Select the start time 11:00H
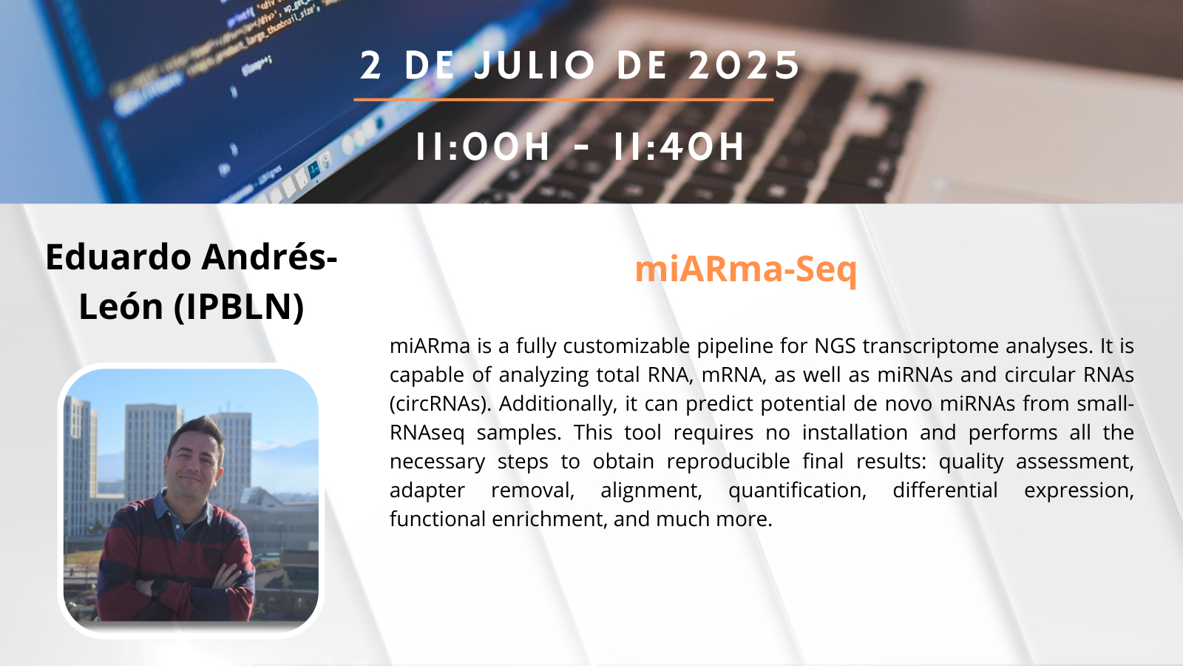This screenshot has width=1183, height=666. click(483, 147)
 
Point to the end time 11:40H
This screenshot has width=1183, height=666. click(679, 147)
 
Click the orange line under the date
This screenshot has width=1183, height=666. click(563, 99)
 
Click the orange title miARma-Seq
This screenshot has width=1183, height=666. click(746, 269)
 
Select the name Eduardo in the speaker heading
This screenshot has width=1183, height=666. click(118, 257)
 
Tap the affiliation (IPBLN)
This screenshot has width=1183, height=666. click(239, 306)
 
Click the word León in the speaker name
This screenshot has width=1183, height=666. click(121, 306)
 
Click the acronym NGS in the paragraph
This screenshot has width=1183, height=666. click(834, 346)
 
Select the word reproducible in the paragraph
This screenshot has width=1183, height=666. click(728, 462)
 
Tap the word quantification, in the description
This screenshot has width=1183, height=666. click(798, 491)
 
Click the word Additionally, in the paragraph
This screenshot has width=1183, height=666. click(558, 404)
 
